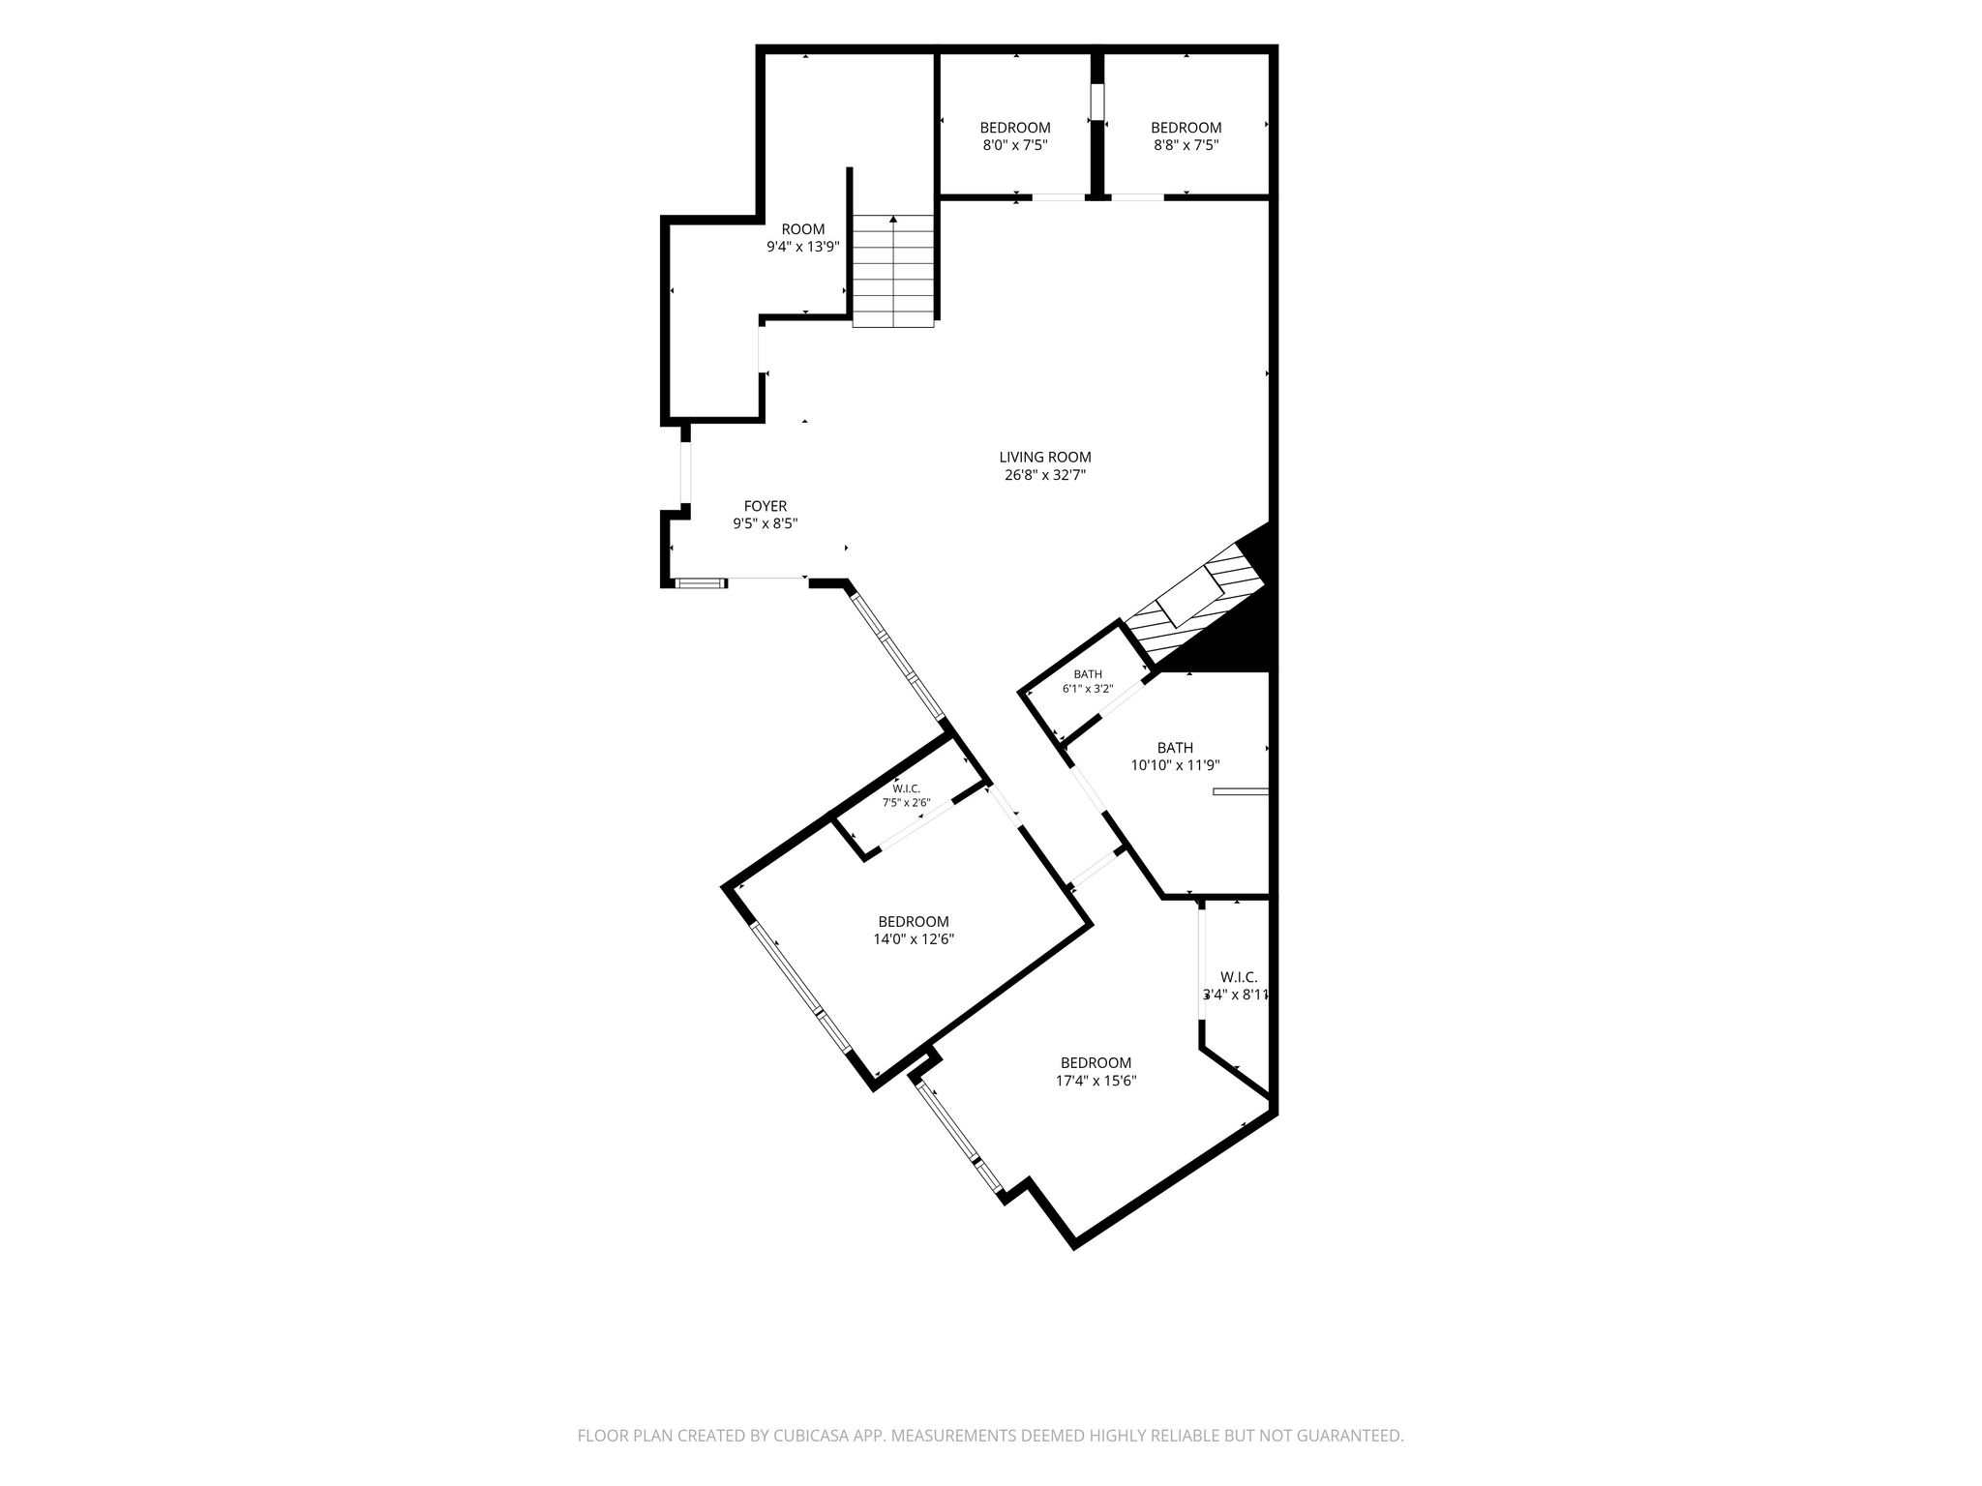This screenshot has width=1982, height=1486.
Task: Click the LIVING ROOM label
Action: click(x=1045, y=458)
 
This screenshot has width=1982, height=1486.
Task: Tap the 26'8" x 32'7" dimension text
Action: click(x=1045, y=476)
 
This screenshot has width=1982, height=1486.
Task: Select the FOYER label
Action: click(x=765, y=506)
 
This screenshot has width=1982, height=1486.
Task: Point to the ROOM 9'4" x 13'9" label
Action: click(x=803, y=238)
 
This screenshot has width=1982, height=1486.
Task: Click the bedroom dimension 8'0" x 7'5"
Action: click(x=1015, y=146)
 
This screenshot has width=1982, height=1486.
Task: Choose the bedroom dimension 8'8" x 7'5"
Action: click(x=1186, y=146)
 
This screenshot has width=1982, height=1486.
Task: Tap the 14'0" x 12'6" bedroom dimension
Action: click(x=914, y=939)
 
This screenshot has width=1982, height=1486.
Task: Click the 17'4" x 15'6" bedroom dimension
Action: click(x=1096, y=1081)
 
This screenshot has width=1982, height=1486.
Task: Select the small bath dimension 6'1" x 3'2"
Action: click(x=1088, y=690)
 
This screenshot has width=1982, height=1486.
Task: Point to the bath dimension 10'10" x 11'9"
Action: click(x=1175, y=765)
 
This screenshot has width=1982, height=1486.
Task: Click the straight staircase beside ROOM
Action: click(x=893, y=272)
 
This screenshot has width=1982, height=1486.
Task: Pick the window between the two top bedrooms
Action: click(x=1097, y=102)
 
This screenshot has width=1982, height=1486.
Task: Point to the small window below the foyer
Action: click(x=701, y=582)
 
